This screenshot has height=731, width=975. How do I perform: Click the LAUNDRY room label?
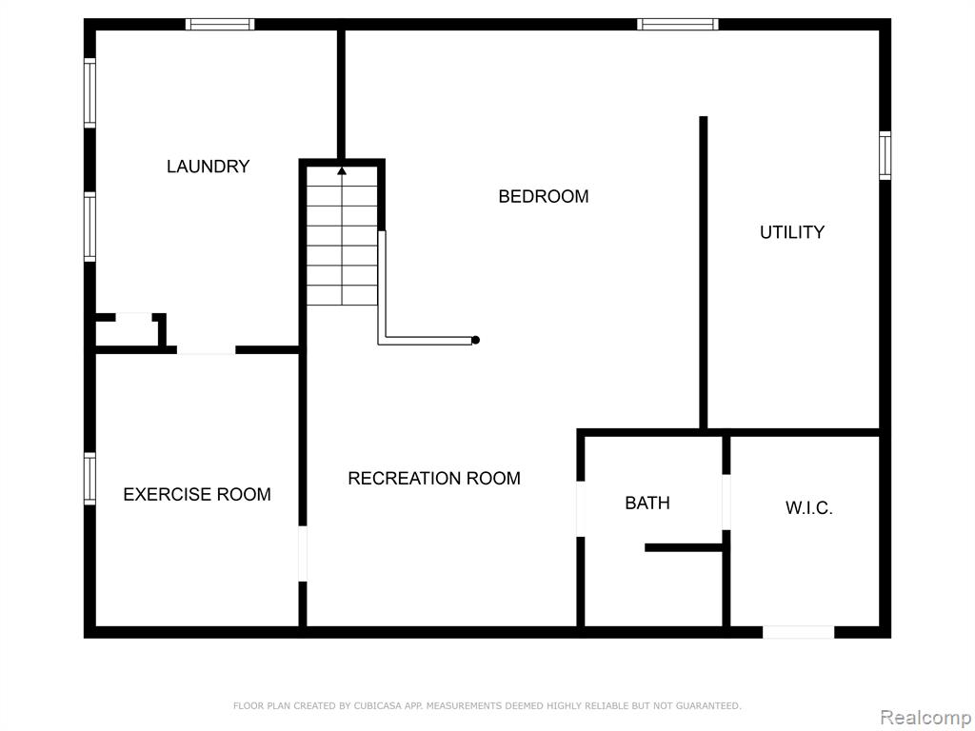[x=209, y=166]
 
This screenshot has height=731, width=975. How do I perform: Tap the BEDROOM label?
[x=544, y=196]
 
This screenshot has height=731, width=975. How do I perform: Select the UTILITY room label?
[x=792, y=232]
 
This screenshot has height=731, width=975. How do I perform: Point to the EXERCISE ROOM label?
[x=197, y=494]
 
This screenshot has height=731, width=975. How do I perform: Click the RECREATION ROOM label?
[x=434, y=478]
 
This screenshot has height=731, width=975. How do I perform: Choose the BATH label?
[x=647, y=503]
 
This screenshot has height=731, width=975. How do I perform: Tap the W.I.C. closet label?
[x=809, y=508]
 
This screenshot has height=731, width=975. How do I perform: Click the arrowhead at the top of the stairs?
[x=342, y=170]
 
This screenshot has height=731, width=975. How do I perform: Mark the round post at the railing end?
[x=476, y=340]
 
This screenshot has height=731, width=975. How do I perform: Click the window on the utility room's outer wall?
[x=885, y=155]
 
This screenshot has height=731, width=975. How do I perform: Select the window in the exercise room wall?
[x=90, y=479]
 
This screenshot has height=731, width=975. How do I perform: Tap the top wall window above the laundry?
[x=220, y=24]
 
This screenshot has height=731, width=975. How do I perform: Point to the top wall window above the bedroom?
[x=678, y=24]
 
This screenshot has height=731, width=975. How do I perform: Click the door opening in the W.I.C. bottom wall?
[x=799, y=632]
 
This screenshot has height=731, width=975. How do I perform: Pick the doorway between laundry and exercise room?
[x=207, y=350]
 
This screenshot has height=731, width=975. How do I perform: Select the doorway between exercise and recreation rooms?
[x=303, y=554]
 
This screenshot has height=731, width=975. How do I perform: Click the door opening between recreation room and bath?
[x=581, y=509]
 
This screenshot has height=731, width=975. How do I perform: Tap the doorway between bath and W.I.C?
[x=726, y=503]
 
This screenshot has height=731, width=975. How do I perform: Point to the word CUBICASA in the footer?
[x=375, y=705]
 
